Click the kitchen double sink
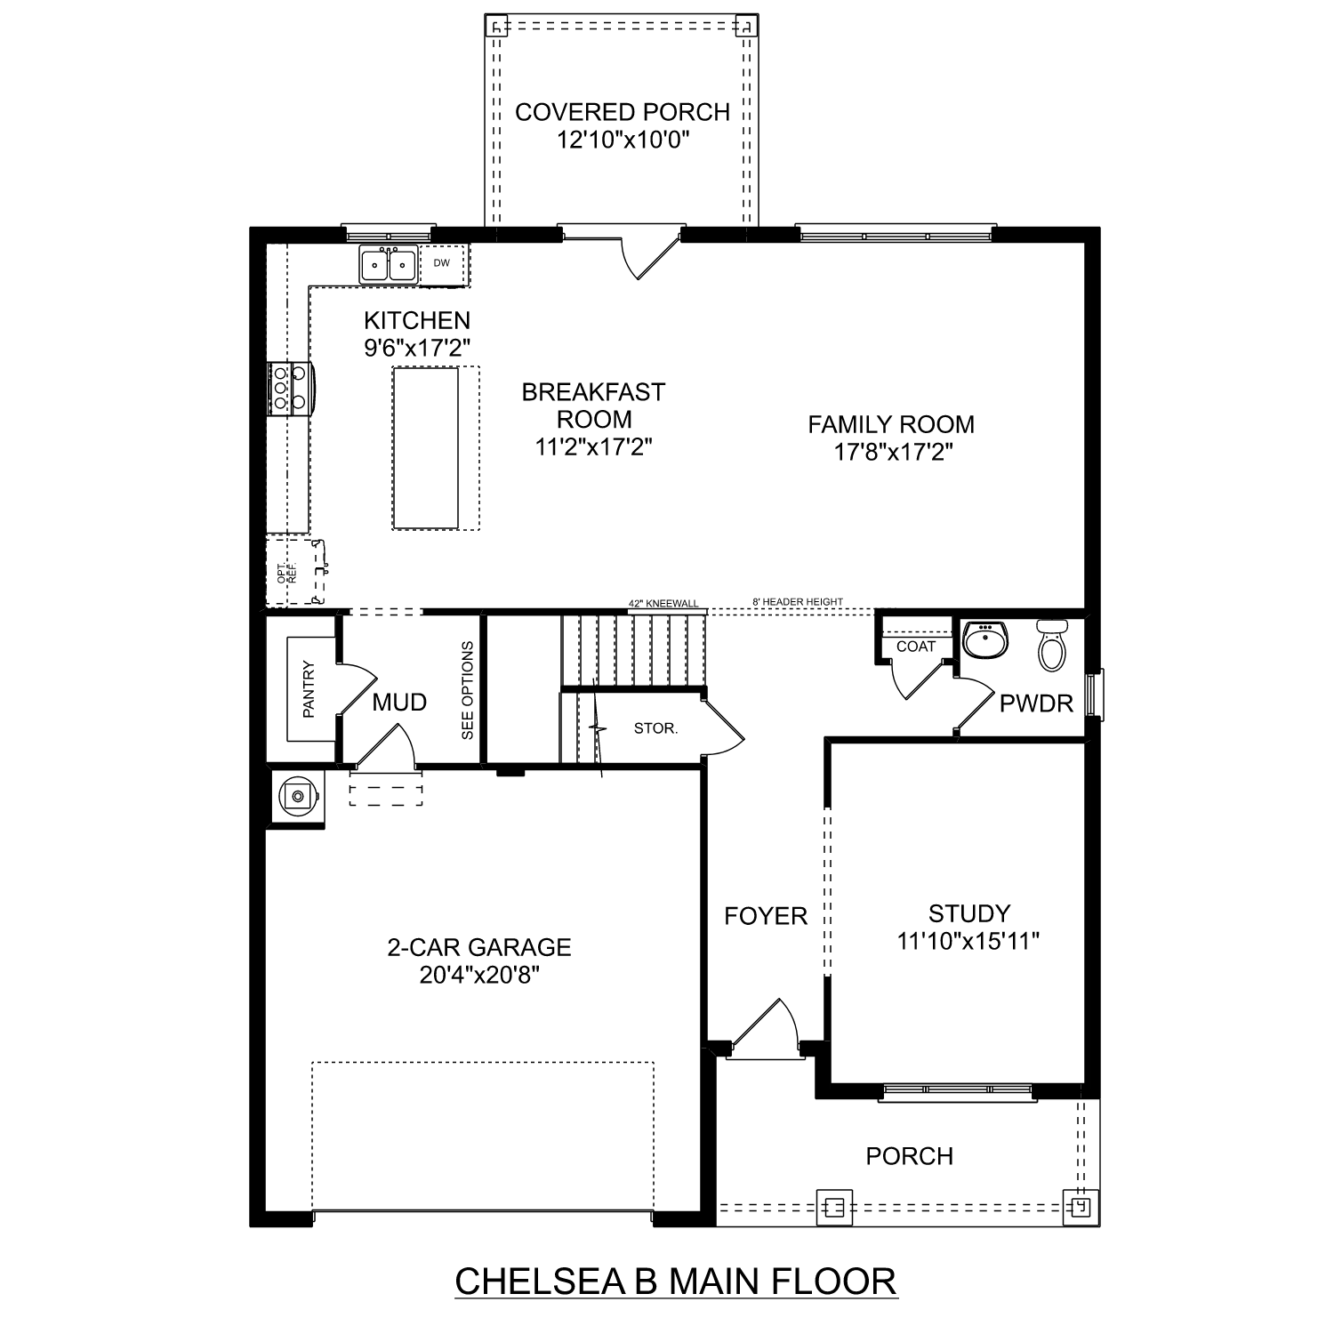(389, 265)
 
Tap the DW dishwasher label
(442, 263)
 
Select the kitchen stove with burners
(289, 389)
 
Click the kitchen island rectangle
(426, 448)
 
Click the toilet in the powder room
(1051, 645)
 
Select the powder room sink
(985, 639)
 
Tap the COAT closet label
(915, 647)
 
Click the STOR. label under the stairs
(655, 728)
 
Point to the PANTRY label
(309, 688)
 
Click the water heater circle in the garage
(296, 795)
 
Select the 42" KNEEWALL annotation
(663, 603)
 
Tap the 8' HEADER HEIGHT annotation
(798, 602)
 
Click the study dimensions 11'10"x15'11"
(968, 941)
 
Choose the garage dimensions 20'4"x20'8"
(479, 976)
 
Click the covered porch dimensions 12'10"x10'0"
(623, 140)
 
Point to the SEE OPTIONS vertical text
(468, 690)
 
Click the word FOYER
(765, 916)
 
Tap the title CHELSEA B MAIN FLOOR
(676, 1282)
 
